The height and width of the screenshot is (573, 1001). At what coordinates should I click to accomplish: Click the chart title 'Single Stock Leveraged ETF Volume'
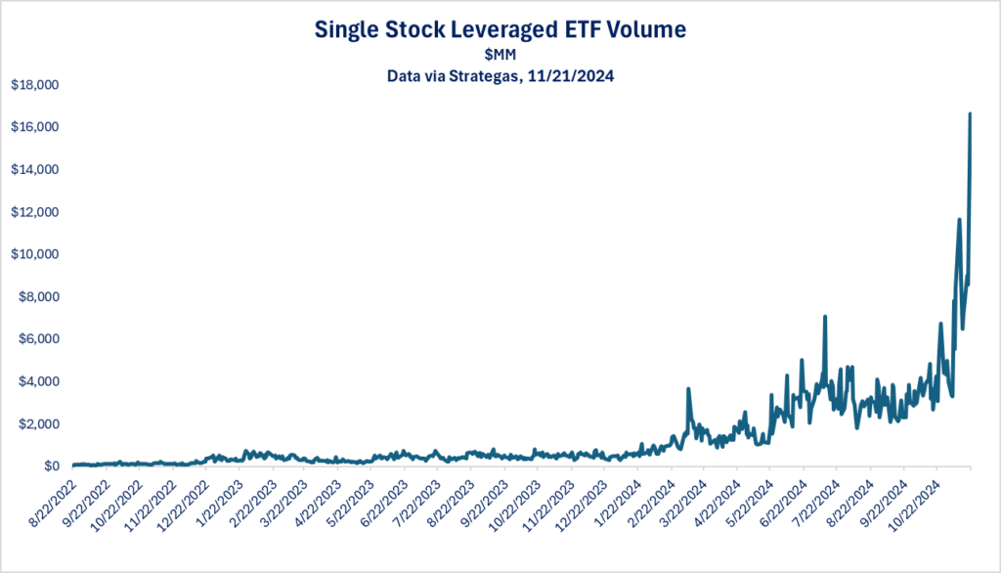click(x=500, y=30)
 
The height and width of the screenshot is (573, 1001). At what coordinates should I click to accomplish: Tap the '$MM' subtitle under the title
click(x=500, y=54)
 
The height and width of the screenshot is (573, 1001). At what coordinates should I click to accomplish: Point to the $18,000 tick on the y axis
click(x=34, y=85)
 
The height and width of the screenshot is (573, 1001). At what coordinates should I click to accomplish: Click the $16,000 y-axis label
click(x=34, y=127)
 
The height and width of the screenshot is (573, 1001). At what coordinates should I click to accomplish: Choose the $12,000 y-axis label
click(x=34, y=212)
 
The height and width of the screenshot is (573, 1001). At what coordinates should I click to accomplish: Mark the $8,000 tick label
click(x=37, y=297)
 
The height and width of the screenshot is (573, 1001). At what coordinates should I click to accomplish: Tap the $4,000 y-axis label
click(x=37, y=381)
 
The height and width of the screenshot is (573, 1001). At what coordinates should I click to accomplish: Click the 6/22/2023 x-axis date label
click(x=385, y=499)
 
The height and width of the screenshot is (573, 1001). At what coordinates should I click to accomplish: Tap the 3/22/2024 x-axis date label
click(x=684, y=499)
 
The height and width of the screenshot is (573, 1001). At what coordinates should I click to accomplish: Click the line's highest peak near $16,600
click(x=970, y=114)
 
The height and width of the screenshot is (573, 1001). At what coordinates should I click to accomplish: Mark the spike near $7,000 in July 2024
click(x=825, y=317)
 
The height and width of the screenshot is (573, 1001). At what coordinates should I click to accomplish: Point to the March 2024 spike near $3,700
click(x=688, y=388)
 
